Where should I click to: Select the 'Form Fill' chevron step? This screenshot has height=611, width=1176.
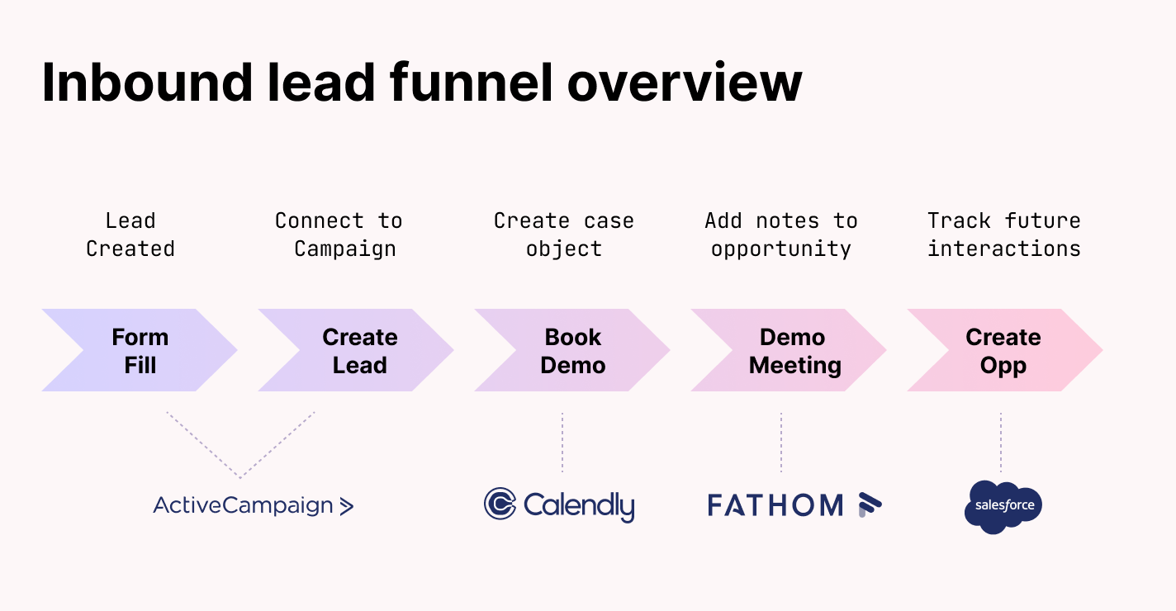[x=140, y=351]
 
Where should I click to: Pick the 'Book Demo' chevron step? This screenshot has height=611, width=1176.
[x=572, y=351]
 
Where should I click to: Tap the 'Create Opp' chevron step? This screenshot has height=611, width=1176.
[x=1003, y=351]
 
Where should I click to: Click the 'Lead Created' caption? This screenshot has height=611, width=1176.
[x=130, y=234]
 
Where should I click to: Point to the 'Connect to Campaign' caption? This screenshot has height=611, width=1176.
[x=339, y=234]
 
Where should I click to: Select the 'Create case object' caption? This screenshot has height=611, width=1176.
[x=564, y=234]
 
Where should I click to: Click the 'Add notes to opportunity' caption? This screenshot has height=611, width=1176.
[x=780, y=234]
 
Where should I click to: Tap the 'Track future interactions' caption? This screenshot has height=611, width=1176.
[x=1003, y=234]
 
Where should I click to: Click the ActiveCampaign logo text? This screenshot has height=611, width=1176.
[x=243, y=505]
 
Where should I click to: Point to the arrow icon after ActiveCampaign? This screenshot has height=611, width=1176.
[x=347, y=506]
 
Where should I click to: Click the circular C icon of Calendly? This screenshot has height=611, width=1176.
[x=500, y=504]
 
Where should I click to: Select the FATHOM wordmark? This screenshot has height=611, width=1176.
[x=775, y=505]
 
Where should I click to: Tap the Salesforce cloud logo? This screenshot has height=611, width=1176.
[x=1003, y=506]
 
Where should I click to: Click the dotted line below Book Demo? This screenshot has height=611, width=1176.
[x=562, y=443]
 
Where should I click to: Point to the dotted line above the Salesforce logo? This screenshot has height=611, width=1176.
[x=1001, y=443]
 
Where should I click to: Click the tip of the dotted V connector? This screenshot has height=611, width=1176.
[x=240, y=476]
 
